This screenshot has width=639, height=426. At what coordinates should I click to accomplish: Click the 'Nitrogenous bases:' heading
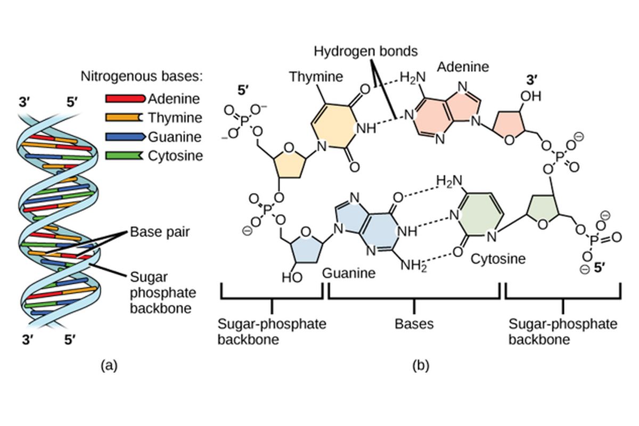click(x=142, y=76)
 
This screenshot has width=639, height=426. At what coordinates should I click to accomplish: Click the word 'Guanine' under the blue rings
click(x=349, y=273)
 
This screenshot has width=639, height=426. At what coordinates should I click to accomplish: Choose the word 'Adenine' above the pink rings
click(x=462, y=67)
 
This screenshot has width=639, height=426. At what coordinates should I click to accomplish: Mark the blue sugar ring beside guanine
click(x=303, y=244)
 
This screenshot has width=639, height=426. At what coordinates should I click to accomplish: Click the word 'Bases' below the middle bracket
click(x=414, y=324)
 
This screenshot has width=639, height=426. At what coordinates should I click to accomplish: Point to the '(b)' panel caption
click(x=420, y=365)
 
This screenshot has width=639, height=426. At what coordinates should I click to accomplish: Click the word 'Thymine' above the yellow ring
click(x=316, y=77)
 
